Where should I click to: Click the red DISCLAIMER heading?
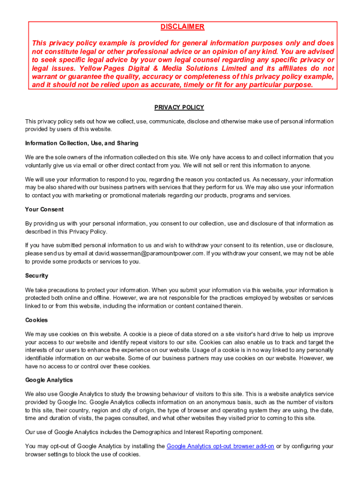[182, 27]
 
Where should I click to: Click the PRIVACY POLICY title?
[179, 108]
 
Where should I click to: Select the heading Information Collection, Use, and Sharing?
[82, 143]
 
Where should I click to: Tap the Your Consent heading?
[44, 210]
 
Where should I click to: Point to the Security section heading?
[37, 276]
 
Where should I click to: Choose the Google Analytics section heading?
[49, 380]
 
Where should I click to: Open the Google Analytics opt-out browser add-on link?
[220, 446]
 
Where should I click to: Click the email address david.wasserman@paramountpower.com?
[150, 254]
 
